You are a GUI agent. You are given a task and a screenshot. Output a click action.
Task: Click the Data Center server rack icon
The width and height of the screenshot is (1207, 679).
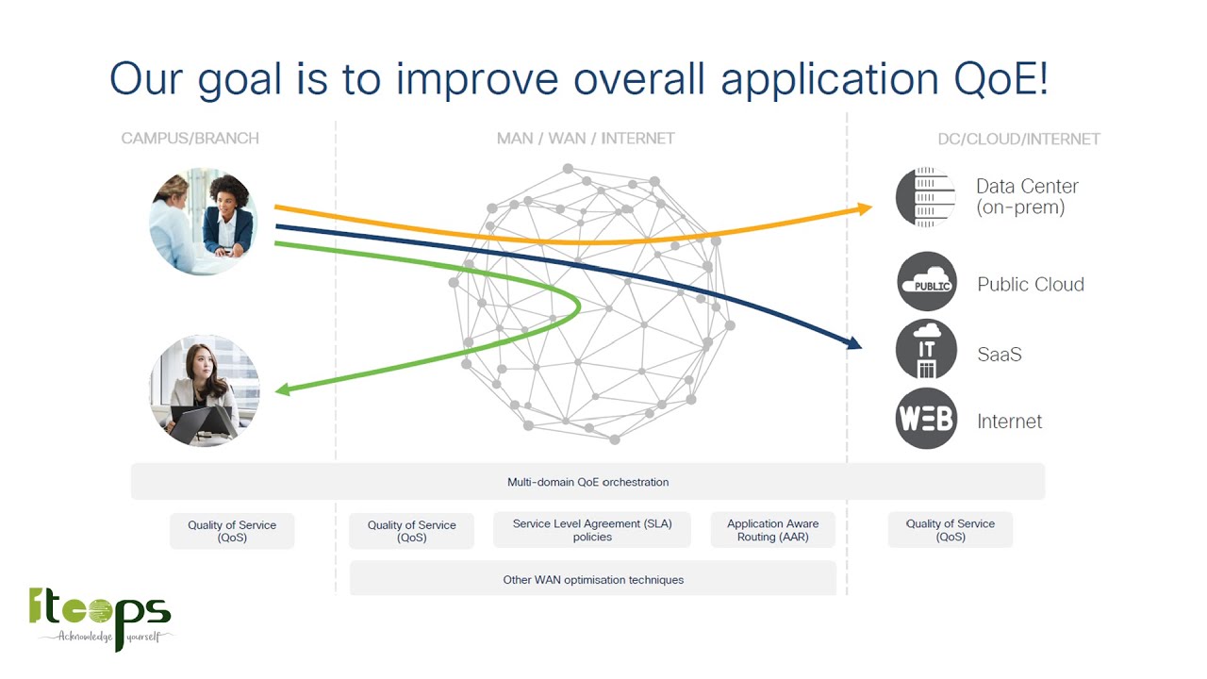pyautogui.click(x=925, y=197)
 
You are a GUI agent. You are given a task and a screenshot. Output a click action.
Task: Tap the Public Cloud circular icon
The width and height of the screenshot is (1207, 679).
pyautogui.click(x=926, y=282)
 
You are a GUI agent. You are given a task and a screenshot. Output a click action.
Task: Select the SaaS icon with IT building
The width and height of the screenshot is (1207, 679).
pyautogui.click(x=926, y=350)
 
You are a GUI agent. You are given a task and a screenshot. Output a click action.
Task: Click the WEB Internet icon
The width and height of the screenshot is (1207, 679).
pyautogui.click(x=926, y=419)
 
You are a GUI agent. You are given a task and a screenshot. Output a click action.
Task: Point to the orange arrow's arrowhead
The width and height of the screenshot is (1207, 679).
pyautogui.click(x=864, y=208)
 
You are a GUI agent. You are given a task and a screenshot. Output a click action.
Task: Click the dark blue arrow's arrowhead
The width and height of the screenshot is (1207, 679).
pyautogui.click(x=853, y=343)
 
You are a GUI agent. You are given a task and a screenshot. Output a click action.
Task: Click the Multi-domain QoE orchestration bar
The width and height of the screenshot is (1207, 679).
pyautogui.click(x=587, y=482)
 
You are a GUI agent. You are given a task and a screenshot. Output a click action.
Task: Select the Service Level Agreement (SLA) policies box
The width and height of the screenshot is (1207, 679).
pyautogui.click(x=592, y=530)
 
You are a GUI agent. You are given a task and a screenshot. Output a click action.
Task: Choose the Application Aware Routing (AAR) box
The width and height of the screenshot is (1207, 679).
pyautogui.click(x=772, y=530)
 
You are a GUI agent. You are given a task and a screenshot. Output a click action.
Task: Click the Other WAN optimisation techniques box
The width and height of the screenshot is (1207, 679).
pyautogui.click(x=592, y=579)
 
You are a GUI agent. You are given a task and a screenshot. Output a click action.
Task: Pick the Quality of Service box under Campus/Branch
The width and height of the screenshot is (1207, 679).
pyautogui.click(x=232, y=531)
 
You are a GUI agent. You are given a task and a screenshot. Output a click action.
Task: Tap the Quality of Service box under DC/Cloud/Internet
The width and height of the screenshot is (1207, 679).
pyautogui.click(x=950, y=530)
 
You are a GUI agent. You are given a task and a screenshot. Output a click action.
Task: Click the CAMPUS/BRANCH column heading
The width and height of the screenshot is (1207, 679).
pyautogui.click(x=190, y=139)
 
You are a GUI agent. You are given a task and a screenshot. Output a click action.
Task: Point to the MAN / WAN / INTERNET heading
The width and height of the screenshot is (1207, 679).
pyautogui.click(x=586, y=139)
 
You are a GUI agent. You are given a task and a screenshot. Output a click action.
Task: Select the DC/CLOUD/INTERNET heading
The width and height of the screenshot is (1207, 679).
pyautogui.click(x=1018, y=140)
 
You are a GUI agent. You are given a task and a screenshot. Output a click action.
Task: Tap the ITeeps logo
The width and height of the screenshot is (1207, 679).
pyautogui.click(x=100, y=618)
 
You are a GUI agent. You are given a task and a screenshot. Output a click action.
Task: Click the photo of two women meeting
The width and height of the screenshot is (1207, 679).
pyautogui.click(x=204, y=222)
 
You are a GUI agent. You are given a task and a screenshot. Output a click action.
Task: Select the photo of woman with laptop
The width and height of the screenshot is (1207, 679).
pyautogui.click(x=204, y=390)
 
